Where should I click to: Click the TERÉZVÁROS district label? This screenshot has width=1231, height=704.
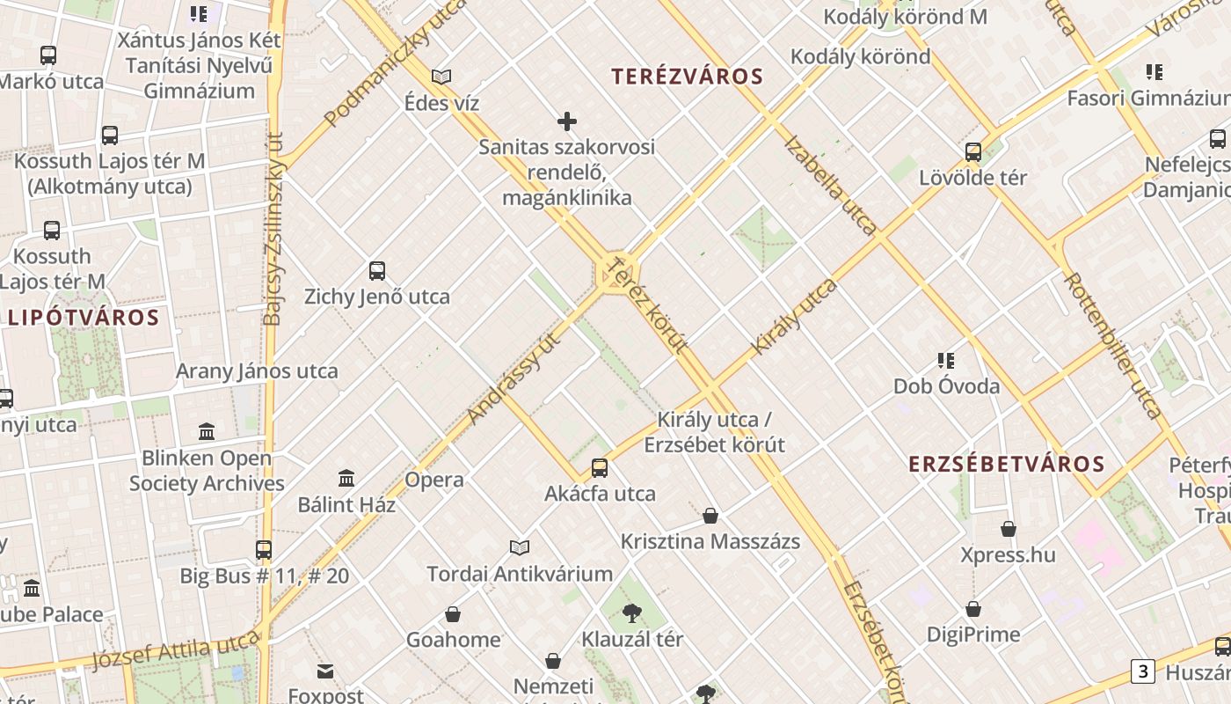pyautogui.click(x=688, y=77)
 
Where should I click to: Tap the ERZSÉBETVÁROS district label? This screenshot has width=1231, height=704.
pyautogui.click(x=1006, y=464)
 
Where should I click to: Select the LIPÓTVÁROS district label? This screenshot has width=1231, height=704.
pyautogui.click(x=84, y=318)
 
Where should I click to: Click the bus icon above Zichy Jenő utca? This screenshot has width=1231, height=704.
pyautogui.click(x=377, y=271)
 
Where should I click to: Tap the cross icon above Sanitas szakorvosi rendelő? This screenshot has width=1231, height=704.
pyautogui.click(x=567, y=121)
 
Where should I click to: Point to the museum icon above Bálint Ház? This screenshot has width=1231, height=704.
pyautogui.click(x=347, y=479)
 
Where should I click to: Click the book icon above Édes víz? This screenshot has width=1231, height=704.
pyautogui.click(x=441, y=77)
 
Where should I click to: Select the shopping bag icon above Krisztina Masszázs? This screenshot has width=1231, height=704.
pyautogui.click(x=710, y=516)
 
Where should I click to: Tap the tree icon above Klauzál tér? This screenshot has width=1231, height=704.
pyautogui.click(x=631, y=613)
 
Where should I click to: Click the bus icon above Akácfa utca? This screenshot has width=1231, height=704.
pyautogui.click(x=600, y=467)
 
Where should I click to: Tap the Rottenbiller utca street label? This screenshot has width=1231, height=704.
pyautogui.click(x=1112, y=344)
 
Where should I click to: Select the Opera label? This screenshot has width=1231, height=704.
pyautogui.click(x=434, y=480)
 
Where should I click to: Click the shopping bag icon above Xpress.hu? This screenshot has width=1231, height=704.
pyautogui.click(x=1009, y=529)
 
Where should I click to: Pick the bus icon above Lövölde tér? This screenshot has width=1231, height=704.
pyautogui.click(x=973, y=152)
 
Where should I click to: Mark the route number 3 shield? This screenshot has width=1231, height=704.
pyautogui.click(x=1142, y=672)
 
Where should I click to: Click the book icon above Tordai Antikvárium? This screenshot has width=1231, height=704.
pyautogui.click(x=520, y=548)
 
